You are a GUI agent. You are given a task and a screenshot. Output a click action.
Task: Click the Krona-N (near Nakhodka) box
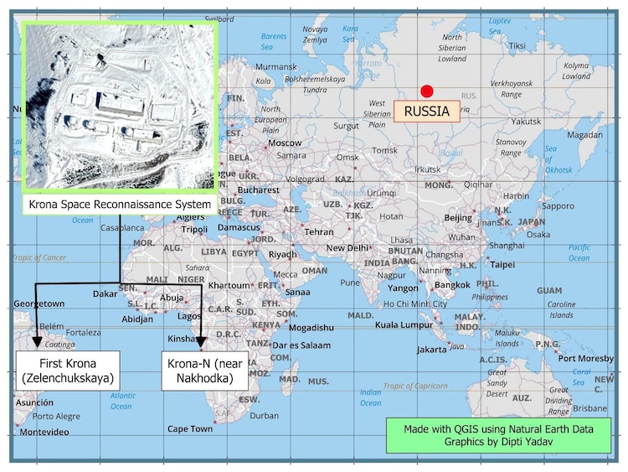click(x=204, y=371)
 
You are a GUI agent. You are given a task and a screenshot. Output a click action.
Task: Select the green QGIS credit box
click(x=499, y=434)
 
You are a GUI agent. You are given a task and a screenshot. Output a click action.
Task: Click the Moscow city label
click(x=284, y=143)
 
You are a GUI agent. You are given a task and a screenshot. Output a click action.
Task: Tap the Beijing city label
click(x=458, y=218)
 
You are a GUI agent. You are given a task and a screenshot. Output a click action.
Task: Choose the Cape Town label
click(x=190, y=428)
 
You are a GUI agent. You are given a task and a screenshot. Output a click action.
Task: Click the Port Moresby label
click(x=585, y=358)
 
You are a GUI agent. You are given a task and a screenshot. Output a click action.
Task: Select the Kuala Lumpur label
click(x=398, y=324)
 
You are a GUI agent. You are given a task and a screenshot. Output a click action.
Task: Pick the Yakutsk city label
click(x=527, y=121)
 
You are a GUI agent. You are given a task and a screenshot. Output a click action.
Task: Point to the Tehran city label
click(x=318, y=231)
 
